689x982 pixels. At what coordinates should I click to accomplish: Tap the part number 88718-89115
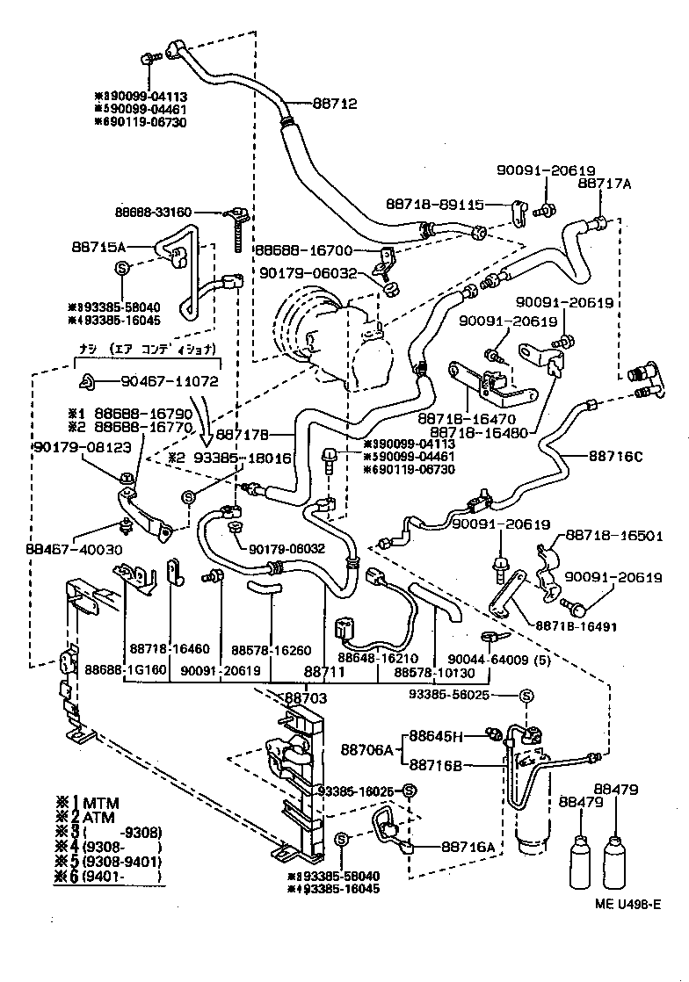pyautogui.click(x=448, y=205)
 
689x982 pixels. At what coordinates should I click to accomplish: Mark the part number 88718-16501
pyautogui.click(x=613, y=534)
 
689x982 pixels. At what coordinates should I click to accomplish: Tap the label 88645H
pyautogui.click(x=442, y=735)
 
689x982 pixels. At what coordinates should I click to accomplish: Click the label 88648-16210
pyautogui.click(x=378, y=658)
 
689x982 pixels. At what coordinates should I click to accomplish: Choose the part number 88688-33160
pyautogui.click(x=154, y=212)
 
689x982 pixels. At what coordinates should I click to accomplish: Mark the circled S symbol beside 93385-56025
pyautogui.click(x=526, y=697)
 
